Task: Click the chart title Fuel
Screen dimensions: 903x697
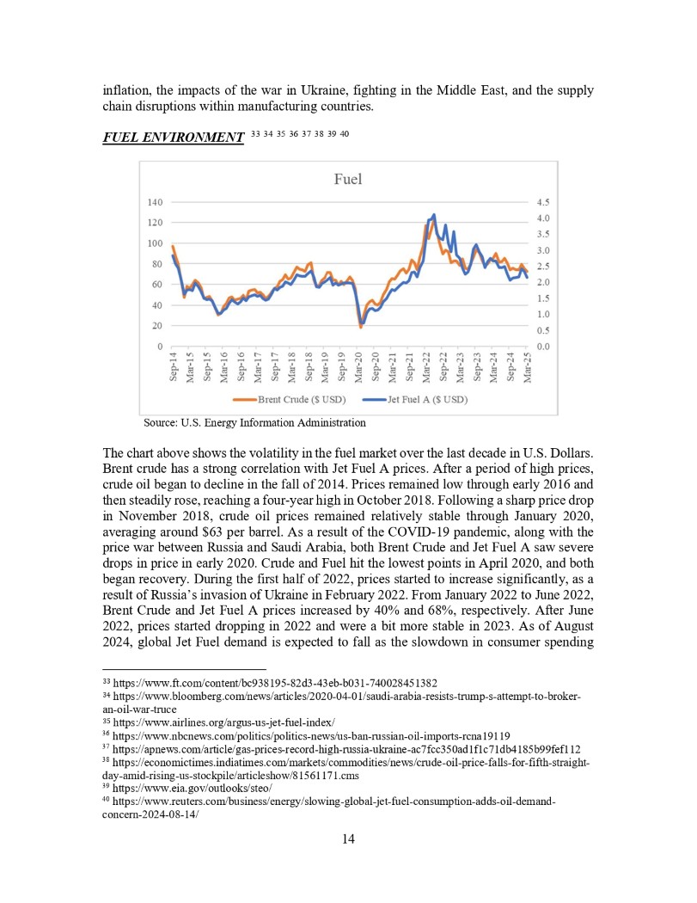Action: point(347,180)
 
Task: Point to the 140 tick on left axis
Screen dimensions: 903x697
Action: point(155,202)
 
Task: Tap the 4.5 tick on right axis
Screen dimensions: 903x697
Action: point(543,202)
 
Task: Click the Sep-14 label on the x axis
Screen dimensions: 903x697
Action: point(173,367)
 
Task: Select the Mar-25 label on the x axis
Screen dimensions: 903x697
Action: point(528,367)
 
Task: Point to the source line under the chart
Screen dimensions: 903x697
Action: point(254,422)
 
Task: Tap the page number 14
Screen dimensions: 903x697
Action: point(348,839)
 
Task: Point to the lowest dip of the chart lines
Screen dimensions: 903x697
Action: point(361,326)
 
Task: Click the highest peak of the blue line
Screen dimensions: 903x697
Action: point(434,214)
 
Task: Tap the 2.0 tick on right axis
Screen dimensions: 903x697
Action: point(543,282)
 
